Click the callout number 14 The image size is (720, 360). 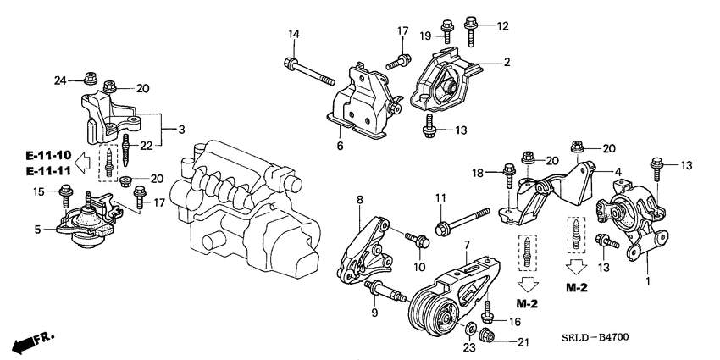click(295, 34)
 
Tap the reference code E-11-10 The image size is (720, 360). click(48, 155)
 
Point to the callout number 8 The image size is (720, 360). click(359, 200)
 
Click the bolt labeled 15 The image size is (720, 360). click(66, 197)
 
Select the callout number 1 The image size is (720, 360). click(649, 280)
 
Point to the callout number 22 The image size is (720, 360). click(147, 147)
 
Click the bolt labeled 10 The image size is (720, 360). click(416, 241)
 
